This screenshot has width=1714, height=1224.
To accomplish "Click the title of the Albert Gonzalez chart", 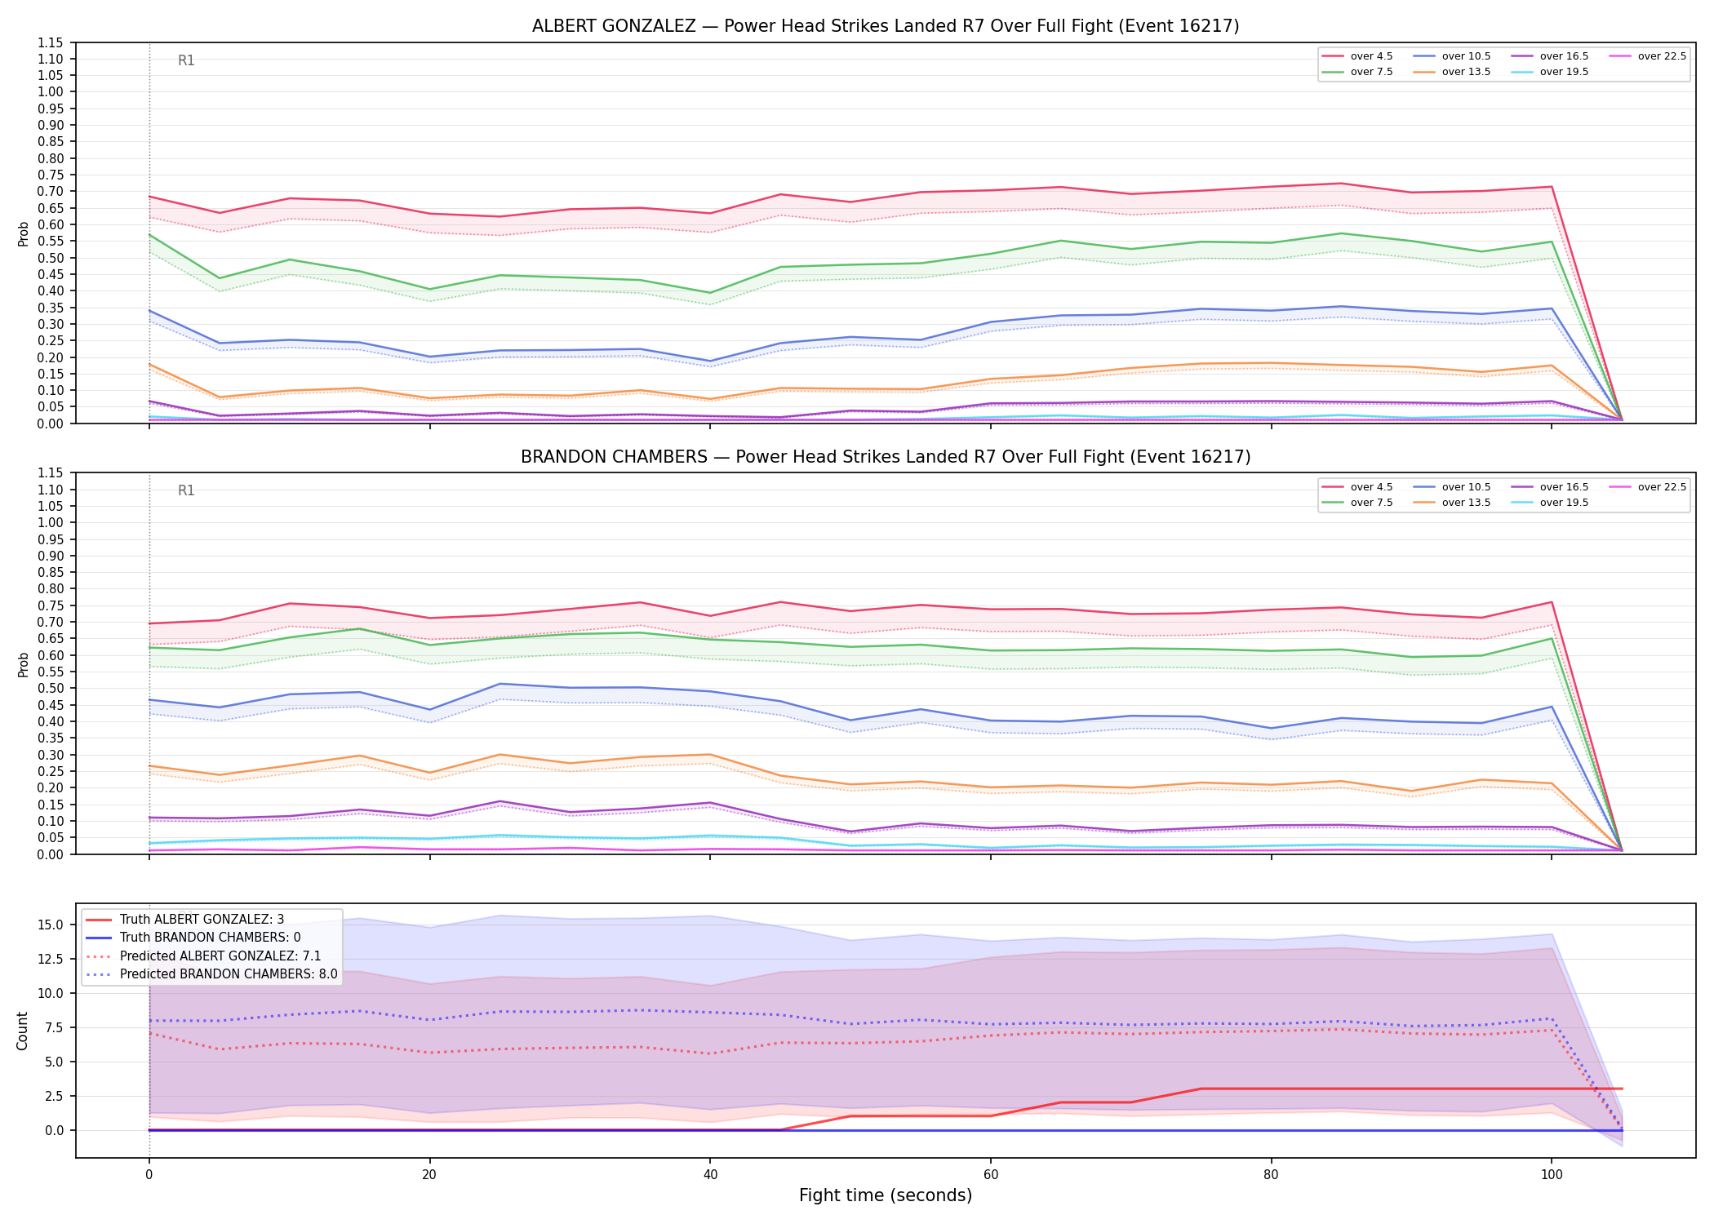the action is pyautogui.click(x=886, y=26).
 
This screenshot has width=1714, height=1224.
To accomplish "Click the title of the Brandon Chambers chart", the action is pyautogui.click(x=886, y=457).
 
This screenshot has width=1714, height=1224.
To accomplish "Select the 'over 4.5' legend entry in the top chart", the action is pyautogui.click(x=1357, y=56).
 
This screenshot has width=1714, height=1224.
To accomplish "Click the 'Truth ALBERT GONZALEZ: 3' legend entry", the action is pyautogui.click(x=185, y=920).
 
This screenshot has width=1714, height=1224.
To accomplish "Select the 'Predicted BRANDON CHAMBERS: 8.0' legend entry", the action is pyautogui.click(x=211, y=974).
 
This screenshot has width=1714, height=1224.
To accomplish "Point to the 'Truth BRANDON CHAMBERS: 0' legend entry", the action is pyautogui.click(x=193, y=938).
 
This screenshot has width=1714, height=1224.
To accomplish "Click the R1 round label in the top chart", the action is pyautogui.click(x=186, y=60).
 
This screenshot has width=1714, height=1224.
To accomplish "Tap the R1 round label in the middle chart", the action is pyautogui.click(x=186, y=490).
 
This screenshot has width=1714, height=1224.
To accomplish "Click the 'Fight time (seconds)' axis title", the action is pyautogui.click(x=886, y=1195).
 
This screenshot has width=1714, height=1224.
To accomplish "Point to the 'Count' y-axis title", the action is pyautogui.click(x=22, y=1031).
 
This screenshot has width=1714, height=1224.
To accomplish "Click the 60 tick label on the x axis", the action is pyautogui.click(x=991, y=1175).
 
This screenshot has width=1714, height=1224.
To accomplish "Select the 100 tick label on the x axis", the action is pyautogui.click(x=1552, y=1175).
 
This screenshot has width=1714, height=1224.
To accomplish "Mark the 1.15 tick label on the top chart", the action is pyautogui.click(x=51, y=42).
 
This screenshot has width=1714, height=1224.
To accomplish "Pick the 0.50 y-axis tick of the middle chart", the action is pyautogui.click(x=51, y=688).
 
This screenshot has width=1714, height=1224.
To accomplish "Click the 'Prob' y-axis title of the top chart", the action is pyautogui.click(x=23, y=234).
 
